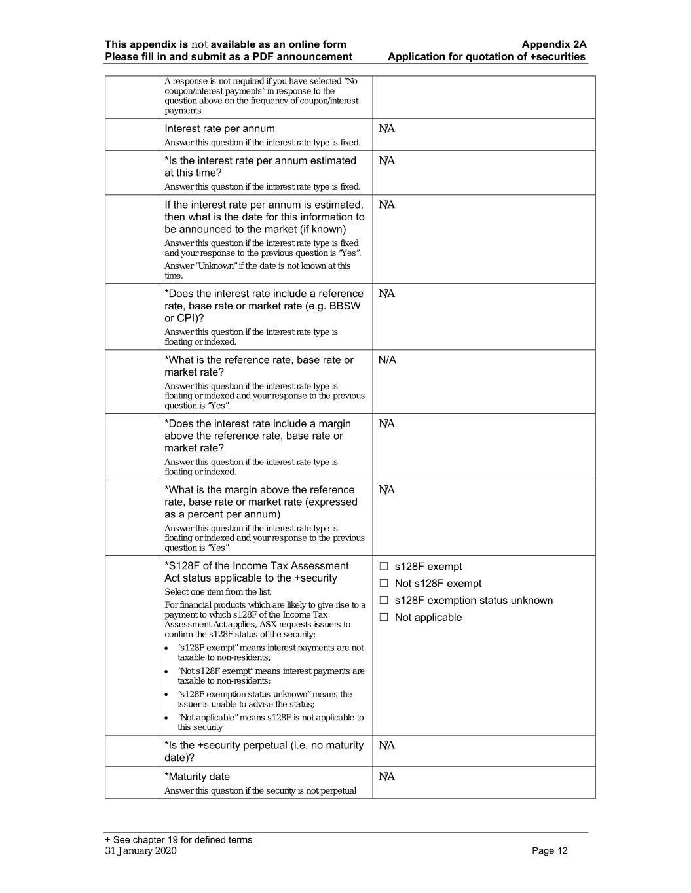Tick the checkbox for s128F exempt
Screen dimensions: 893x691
pyautogui.click(x=384, y=567)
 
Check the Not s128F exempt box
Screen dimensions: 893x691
pyautogui.click(x=384, y=584)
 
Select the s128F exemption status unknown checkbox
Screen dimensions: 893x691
pyautogui.click(x=384, y=601)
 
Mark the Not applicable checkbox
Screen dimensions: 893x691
pyautogui.click(x=384, y=618)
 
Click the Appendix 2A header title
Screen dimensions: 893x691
pyautogui.click(x=553, y=44)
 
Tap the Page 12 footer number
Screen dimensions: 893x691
pyautogui.click(x=550, y=850)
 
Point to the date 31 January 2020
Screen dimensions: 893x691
pyautogui.click(x=141, y=850)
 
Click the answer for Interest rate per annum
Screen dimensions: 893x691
pyautogui.click(x=386, y=129)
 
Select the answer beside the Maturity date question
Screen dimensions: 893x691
pyautogui.click(x=386, y=777)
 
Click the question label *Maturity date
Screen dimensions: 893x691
pyautogui.click(x=197, y=777)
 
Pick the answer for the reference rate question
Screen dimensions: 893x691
pyautogui.click(x=387, y=360)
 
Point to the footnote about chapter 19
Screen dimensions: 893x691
pyautogui.click(x=178, y=840)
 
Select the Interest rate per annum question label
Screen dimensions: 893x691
pyautogui.click(x=219, y=129)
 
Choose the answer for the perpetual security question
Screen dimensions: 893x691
pyautogui.click(x=386, y=745)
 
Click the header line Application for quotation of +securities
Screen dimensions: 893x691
pyautogui.click(x=487, y=57)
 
